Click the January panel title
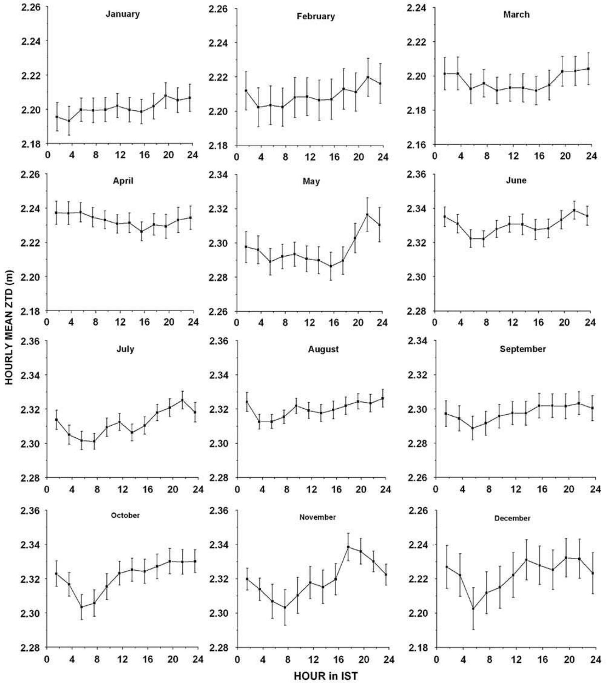click(x=122, y=14)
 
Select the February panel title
click(x=316, y=17)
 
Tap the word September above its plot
click(x=523, y=349)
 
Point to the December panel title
click(x=512, y=518)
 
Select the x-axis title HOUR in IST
click(x=326, y=676)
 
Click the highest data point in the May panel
click(x=367, y=215)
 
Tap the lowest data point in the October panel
click(x=82, y=607)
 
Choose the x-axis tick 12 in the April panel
click(x=120, y=322)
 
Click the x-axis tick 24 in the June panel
click(x=590, y=322)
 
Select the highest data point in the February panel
click(x=368, y=77)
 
